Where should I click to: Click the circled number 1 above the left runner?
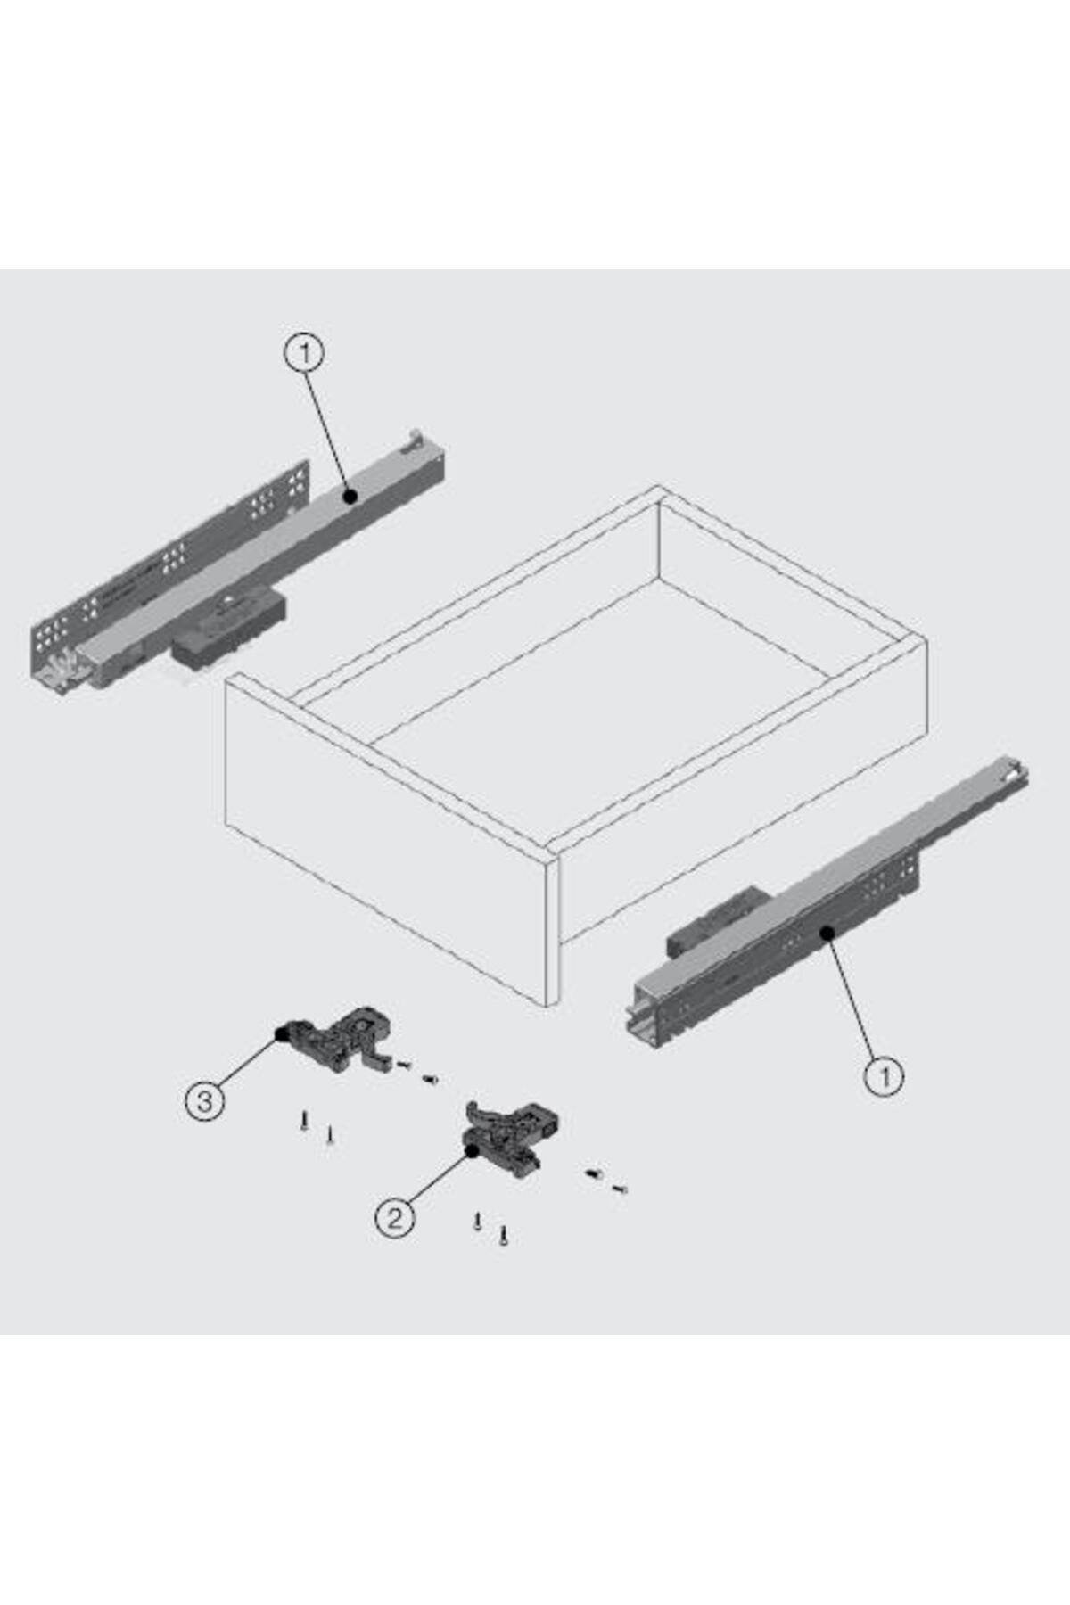(305, 354)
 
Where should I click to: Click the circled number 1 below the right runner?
(885, 1076)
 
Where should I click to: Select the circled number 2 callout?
(395, 1217)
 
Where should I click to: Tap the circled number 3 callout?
(205, 1101)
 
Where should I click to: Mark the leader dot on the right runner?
(827, 933)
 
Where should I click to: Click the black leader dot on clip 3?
(281, 1034)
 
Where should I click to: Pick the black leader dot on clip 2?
(471, 1150)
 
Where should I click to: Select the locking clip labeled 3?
(338, 1038)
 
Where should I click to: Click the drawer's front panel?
(392, 838)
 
